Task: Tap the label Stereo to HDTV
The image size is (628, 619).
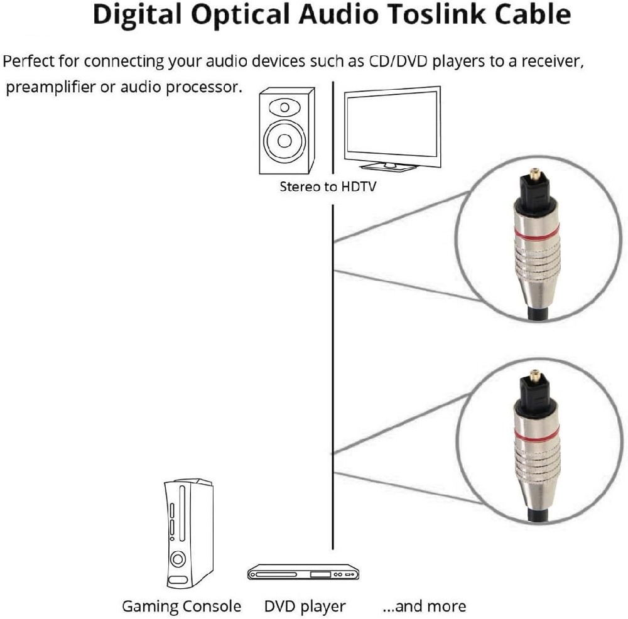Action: click(328, 186)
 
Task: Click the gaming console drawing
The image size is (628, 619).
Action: click(188, 534)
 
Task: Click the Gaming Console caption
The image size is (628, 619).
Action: click(181, 606)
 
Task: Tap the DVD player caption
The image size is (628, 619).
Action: click(305, 606)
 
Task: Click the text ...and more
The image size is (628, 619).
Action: click(424, 606)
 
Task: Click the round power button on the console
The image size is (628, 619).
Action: click(179, 558)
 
